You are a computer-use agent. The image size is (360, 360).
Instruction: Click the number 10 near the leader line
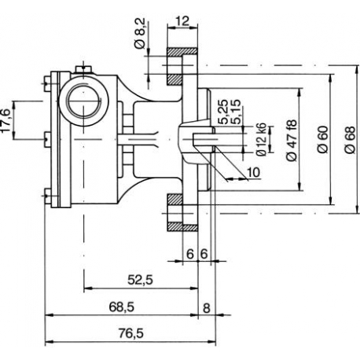tap(253, 172)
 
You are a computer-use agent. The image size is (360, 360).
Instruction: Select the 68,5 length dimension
tap(122, 307)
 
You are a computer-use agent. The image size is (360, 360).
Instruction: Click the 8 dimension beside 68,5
tap(206, 307)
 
